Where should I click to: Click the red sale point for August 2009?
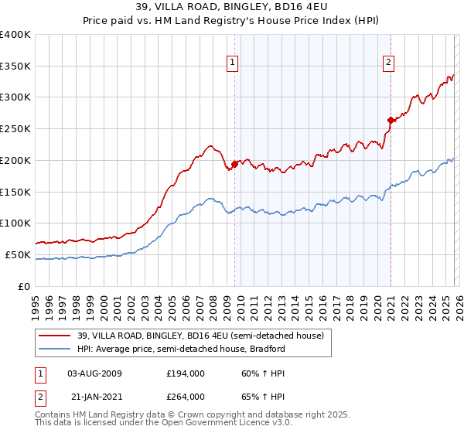click(234, 164)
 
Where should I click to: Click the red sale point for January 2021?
click(391, 120)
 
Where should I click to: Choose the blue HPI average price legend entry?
click(181, 349)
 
